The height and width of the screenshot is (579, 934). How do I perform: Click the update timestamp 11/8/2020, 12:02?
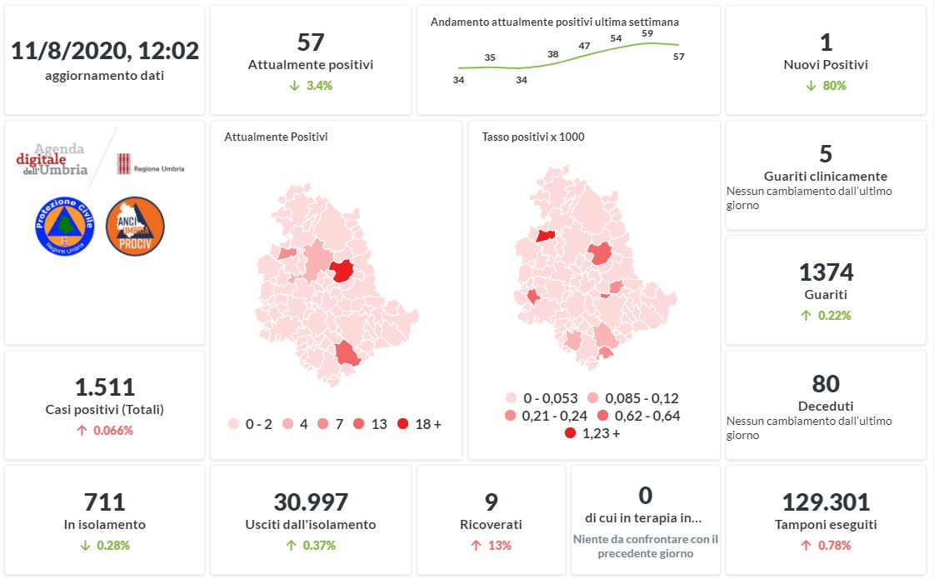tap(105, 51)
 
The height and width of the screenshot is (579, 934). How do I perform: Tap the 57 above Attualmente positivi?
tap(310, 42)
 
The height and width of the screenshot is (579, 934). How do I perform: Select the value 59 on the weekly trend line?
tap(647, 33)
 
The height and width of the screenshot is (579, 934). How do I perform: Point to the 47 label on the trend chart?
tap(584, 46)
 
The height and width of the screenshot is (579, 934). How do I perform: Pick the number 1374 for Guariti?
tap(826, 272)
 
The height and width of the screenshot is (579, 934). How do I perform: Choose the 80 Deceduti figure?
tap(826, 384)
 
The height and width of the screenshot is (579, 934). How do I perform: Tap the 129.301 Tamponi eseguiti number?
tap(826, 502)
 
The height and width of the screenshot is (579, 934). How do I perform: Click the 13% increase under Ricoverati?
tap(491, 546)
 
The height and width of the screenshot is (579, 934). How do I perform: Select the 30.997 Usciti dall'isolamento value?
tap(310, 502)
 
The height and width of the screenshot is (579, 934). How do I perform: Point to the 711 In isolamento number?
tap(105, 502)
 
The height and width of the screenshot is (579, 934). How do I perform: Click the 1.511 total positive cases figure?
tap(105, 387)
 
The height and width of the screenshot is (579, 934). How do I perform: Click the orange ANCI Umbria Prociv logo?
tap(135, 227)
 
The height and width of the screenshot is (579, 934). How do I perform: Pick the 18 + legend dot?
tap(403, 424)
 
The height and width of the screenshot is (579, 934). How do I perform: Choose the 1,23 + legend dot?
tap(570, 433)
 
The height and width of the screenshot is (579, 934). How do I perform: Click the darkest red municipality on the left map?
tap(342, 272)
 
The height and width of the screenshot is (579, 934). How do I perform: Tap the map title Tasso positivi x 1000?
tap(533, 137)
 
